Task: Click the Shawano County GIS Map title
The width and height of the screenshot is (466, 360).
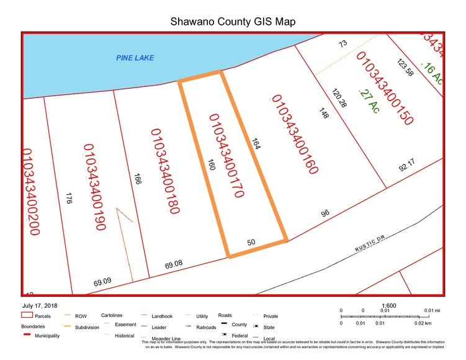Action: [x=233, y=22]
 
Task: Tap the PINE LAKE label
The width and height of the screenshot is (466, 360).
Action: [x=135, y=58]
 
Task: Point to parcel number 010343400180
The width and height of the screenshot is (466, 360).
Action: [x=164, y=171]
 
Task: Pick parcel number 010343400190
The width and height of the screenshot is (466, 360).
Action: [x=93, y=187]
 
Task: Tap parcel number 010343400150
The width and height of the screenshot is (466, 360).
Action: [x=383, y=88]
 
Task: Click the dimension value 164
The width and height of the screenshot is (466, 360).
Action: [x=255, y=143]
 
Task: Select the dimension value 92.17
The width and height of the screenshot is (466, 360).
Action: [x=406, y=167]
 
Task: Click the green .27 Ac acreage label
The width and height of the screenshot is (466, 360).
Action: [x=369, y=100]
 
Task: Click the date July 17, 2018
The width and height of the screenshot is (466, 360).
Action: [x=39, y=306]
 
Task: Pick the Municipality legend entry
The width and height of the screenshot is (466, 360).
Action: [x=47, y=336]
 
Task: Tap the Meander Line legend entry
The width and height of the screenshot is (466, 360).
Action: [x=156, y=338]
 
